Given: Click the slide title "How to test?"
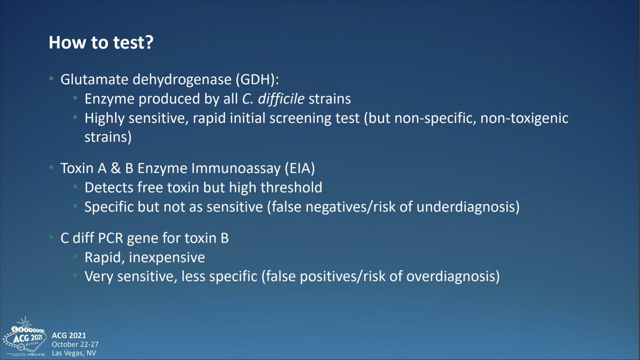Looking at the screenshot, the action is (x=101, y=43).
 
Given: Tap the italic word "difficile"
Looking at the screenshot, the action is (x=281, y=99).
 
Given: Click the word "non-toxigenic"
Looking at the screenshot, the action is (x=524, y=118).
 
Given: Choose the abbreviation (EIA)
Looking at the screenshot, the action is (x=300, y=169).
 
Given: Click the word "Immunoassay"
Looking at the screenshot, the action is (x=236, y=169).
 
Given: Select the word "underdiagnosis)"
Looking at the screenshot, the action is (x=468, y=207).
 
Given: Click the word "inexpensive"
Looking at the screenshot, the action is (x=167, y=258).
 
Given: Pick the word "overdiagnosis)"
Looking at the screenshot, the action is (x=453, y=277).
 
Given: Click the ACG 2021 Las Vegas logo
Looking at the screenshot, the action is (x=25, y=337).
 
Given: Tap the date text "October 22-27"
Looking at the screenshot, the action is (x=75, y=345).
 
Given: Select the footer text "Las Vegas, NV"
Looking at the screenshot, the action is (x=74, y=353).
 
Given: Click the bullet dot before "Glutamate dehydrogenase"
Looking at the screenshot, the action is (x=51, y=78).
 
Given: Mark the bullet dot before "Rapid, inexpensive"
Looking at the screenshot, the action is (x=75, y=257).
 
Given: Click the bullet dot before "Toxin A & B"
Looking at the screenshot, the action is (x=51, y=167).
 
